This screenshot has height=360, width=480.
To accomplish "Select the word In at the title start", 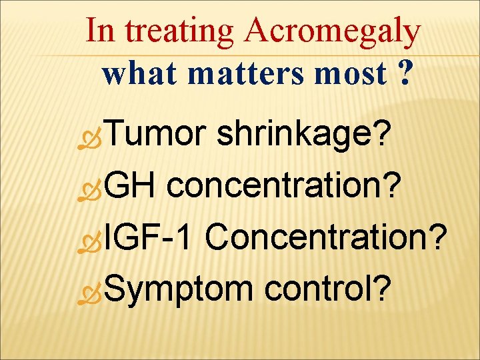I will tap(100, 31).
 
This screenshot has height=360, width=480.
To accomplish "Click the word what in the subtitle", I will tap(137, 75).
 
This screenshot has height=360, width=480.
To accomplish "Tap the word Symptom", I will tap(177, 289).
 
